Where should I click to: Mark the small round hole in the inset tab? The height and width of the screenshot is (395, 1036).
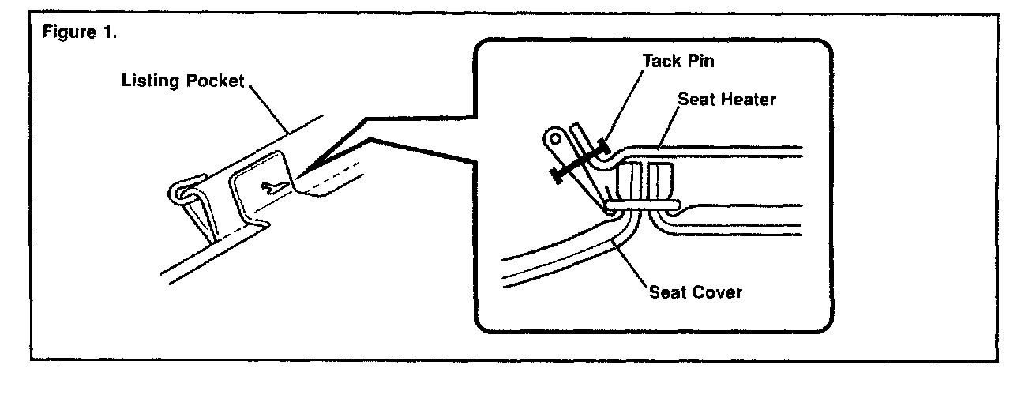(x=556, y=141)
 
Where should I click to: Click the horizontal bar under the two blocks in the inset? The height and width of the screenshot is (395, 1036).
(x=640, y=205)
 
